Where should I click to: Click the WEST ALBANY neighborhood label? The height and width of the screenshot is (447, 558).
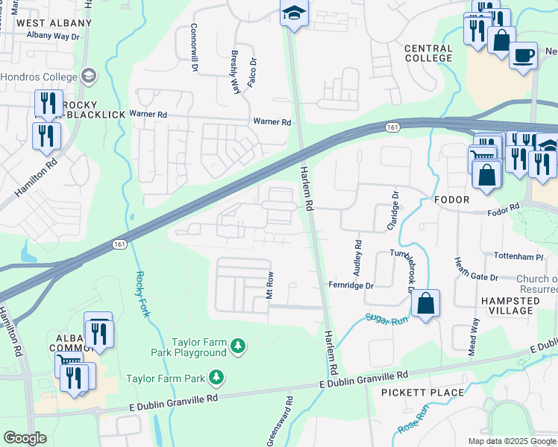point(54,23)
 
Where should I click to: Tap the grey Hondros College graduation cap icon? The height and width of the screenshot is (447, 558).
point(89,76)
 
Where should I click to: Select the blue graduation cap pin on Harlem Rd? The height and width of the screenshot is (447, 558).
point(294,13)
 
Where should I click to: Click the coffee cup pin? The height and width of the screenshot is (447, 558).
point(523,54)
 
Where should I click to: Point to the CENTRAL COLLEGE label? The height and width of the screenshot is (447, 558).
point(428,53)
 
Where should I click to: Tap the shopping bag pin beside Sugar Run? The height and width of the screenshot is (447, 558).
point(424,304)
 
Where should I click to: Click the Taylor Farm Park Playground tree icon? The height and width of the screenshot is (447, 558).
point(237,345)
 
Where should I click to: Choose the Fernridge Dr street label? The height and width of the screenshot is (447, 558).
point(351,285)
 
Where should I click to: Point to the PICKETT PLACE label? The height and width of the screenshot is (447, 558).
point(422,392)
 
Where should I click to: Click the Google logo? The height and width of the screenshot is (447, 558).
point(25,438)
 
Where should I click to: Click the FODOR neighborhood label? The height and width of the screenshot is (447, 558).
point(451,200)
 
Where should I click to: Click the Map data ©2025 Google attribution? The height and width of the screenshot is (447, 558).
point(511,441)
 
